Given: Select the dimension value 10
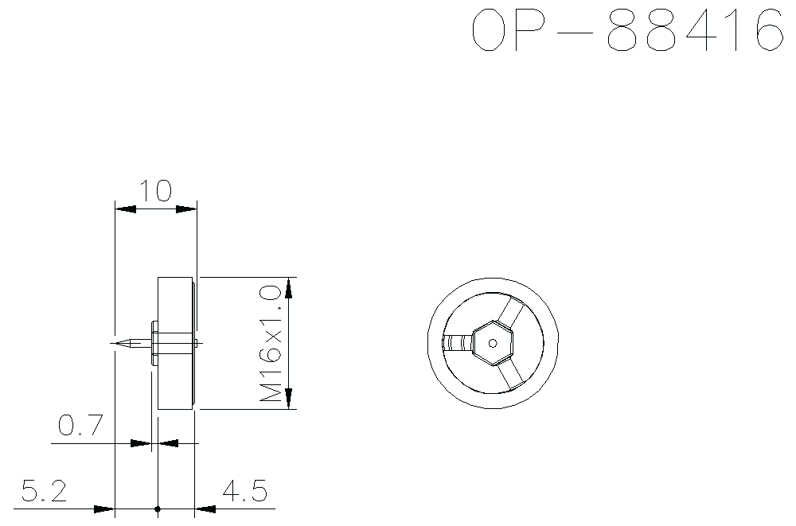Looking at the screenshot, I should [x=156, y=192].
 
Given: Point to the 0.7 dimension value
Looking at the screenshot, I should [x=80, y=427].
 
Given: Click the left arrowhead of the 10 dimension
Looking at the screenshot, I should [x=126, y=209].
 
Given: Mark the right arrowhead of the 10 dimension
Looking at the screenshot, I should [x=186, y=209].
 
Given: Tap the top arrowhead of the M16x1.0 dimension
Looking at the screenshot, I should [x=290, y=286].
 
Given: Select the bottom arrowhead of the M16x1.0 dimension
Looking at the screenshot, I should [x=290, y=399].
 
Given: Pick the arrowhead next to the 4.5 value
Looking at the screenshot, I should [x=205, y=508].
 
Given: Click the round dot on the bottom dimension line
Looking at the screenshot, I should [x=158, y=508].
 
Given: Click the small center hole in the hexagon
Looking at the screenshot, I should [x=493, y=344].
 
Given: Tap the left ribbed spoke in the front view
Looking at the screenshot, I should [x=457, y=344].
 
